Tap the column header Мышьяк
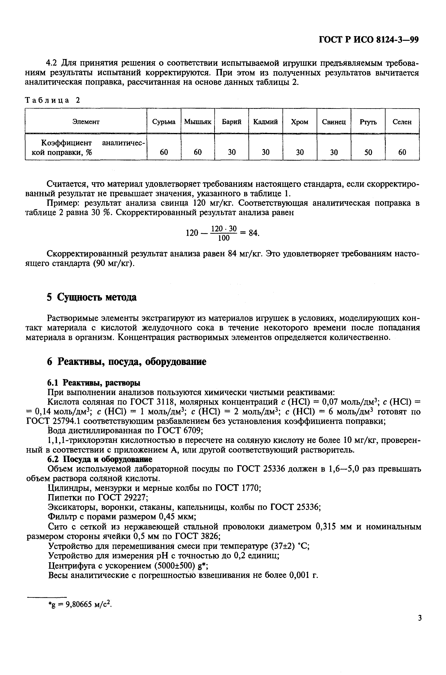197,122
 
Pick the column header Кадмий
265,122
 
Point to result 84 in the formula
253,233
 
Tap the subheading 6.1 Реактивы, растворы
94,383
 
